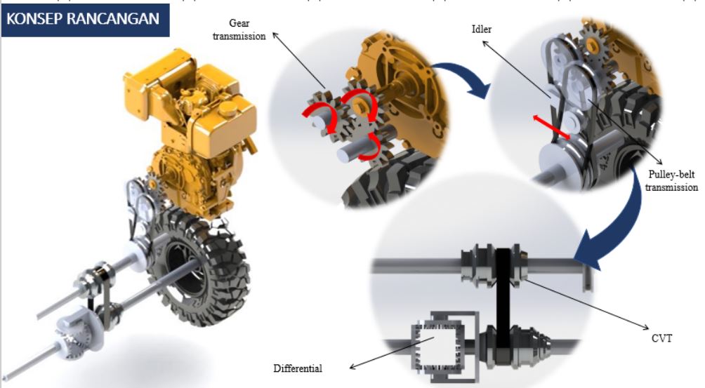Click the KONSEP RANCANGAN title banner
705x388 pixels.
point(86,20)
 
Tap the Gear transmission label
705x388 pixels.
point(239,29)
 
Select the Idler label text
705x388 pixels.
point(482,29)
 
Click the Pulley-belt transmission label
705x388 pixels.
point(671,180)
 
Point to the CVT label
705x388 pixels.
point(662,338)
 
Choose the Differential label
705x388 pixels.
point(298,368)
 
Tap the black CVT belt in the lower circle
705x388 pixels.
point(503,299)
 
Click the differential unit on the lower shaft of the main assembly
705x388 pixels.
point(72,333)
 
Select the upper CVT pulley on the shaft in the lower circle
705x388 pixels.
point(493,266)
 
